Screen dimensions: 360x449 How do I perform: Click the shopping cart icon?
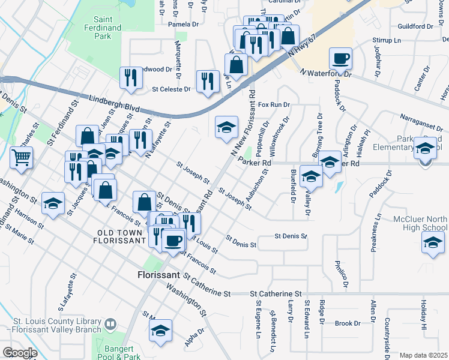click(x=22, y=157)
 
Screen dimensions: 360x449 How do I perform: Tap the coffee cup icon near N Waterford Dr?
click(x=340, y=59)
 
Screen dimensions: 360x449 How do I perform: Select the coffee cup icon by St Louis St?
click(x=173, y=240)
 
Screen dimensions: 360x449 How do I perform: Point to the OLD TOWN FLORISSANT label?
click(x=119, y=236)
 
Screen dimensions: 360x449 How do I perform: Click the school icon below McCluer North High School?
click(x=432, y=244)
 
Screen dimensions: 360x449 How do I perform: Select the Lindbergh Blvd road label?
click(x=110, y=103)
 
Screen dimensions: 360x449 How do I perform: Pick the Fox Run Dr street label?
click(x=274, y=104)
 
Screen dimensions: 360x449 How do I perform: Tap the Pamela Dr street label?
click(x=183, y=24)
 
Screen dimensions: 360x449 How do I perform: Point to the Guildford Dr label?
click(x=415, y=26)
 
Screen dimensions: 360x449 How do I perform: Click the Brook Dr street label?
click(x=348, y=323)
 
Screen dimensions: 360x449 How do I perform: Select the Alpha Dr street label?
click(x=195, y=338)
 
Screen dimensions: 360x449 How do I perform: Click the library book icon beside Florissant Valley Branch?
click(x=110, y=325)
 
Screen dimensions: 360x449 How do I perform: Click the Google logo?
click(x=20, y=353)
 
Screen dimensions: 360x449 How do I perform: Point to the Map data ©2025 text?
click(x=423, y=355)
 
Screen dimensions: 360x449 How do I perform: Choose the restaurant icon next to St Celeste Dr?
click(x=208, y=81)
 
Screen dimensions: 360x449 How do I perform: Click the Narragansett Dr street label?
click(x=420, y=122)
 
